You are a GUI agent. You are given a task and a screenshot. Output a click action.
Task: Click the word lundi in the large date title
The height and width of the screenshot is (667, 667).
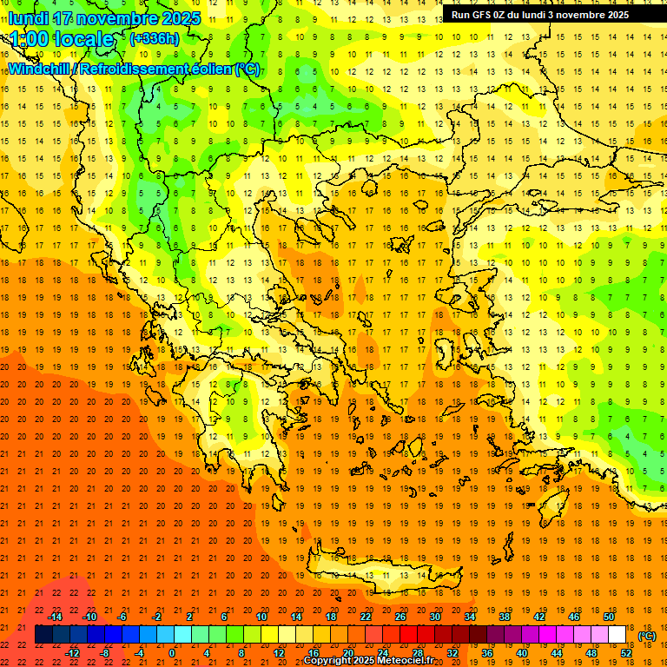coord(30,18)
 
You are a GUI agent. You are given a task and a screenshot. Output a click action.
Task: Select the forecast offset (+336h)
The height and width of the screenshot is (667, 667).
coord(155,39)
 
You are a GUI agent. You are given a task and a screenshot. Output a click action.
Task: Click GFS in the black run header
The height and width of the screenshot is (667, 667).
coord(485,15)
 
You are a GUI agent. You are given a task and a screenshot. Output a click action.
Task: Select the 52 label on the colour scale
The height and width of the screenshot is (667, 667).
coord(626,653)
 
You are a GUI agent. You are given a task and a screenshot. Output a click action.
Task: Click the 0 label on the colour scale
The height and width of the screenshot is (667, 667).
coord(172,653)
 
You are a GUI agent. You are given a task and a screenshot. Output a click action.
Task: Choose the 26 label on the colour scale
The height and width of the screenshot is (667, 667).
coord(400,617)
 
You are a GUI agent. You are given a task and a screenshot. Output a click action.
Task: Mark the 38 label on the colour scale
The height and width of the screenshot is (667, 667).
coord(504,617)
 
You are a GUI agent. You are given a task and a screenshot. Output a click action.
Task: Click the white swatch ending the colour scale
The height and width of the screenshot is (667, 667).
coord(617,635)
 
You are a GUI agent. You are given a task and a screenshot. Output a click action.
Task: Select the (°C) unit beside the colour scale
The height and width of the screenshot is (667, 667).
coord(646,636)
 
